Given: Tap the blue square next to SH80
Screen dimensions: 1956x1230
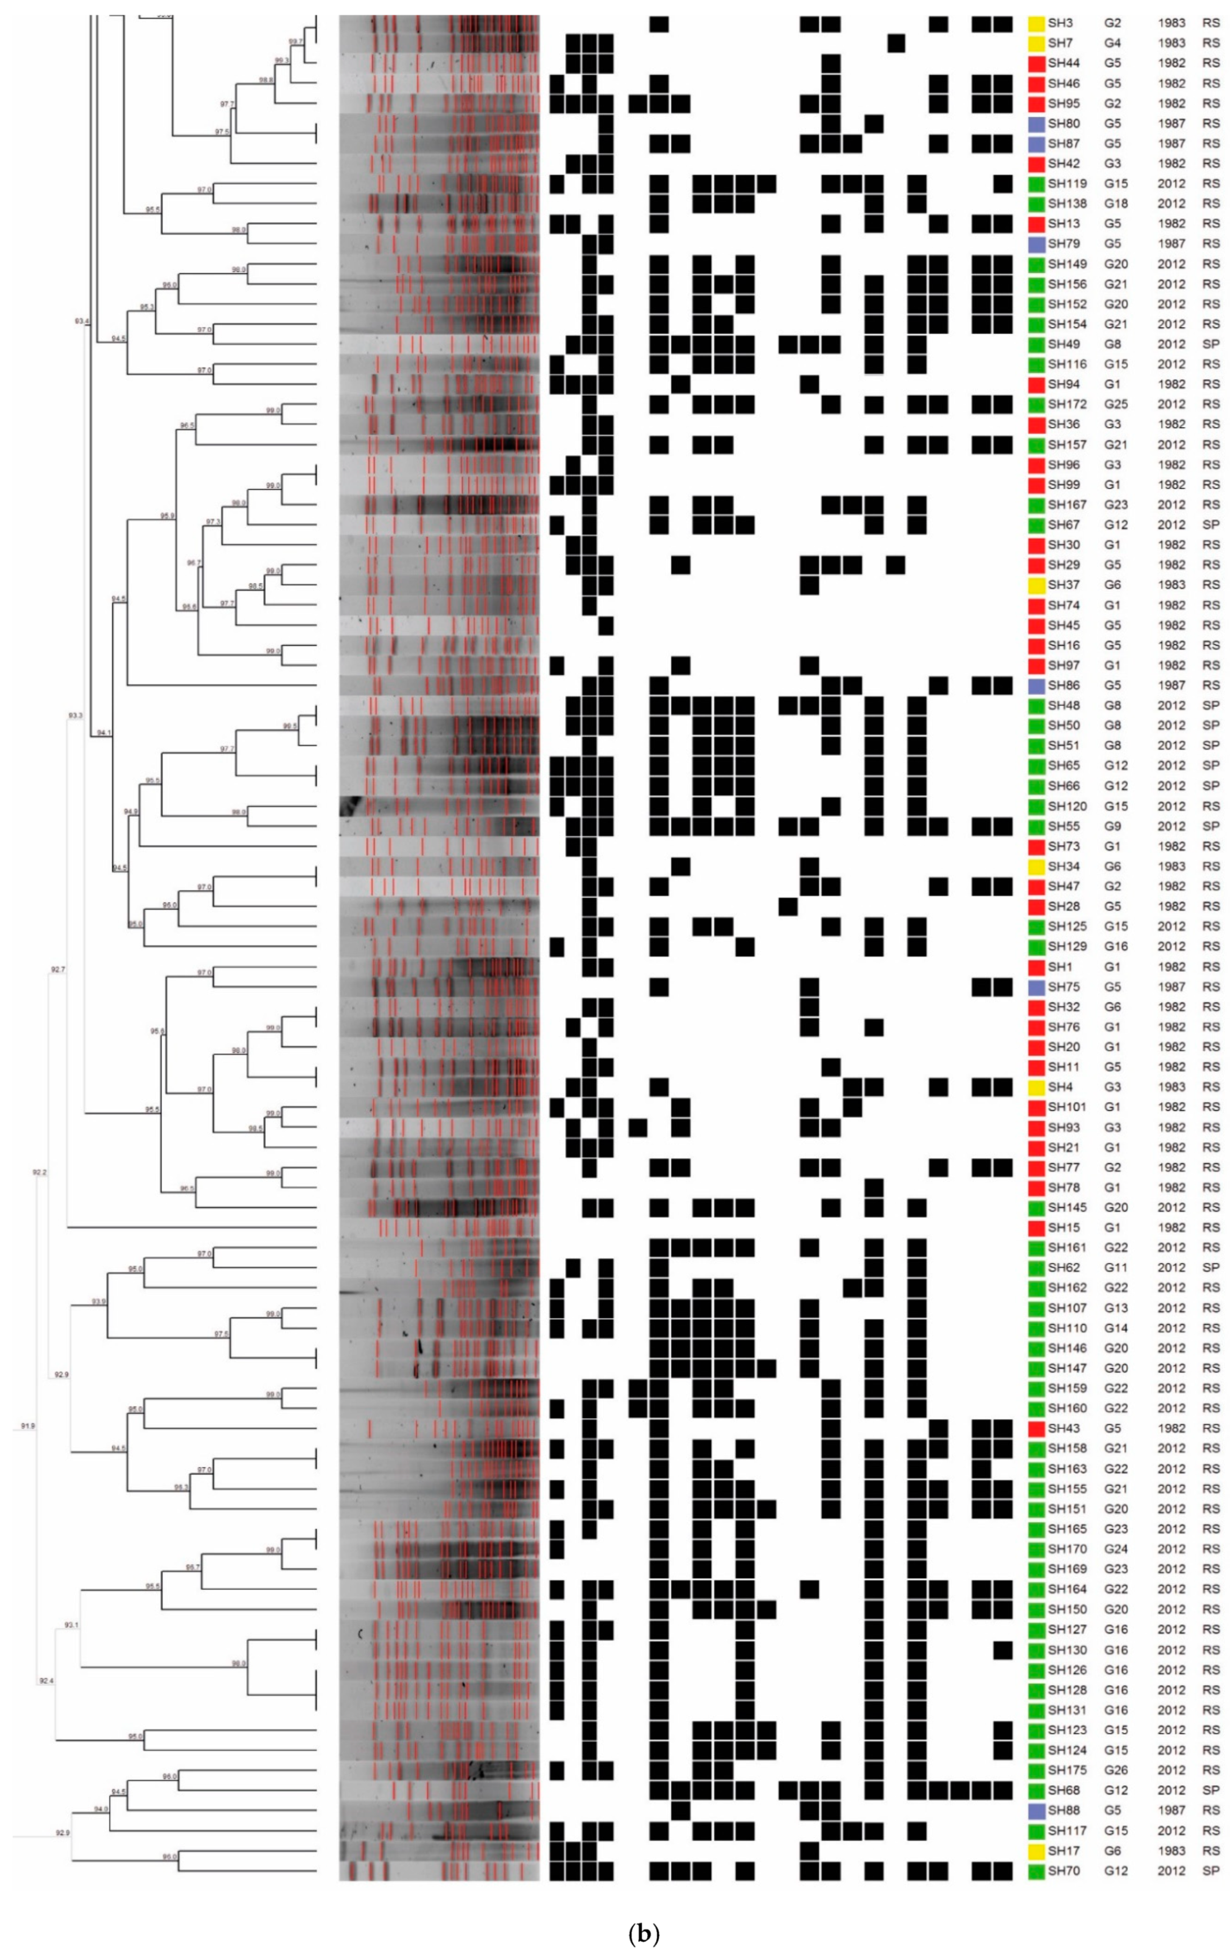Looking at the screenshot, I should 1035,124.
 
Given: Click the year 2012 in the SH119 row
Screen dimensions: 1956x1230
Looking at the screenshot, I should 1171,183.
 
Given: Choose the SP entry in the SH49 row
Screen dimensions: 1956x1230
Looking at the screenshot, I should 1210,344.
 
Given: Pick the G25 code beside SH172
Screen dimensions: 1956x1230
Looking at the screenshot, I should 1115,405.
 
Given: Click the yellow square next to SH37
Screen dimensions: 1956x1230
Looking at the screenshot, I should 1035,585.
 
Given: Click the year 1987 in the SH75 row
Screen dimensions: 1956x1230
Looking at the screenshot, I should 1171,987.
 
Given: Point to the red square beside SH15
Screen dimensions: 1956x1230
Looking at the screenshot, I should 1035,1227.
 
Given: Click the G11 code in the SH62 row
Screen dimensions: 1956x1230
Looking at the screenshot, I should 1115,1267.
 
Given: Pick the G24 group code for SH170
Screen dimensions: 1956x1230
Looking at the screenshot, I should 1115,1548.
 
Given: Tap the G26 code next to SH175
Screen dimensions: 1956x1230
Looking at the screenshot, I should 1115,1770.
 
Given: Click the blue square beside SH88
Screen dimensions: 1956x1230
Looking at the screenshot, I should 1035,1810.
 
